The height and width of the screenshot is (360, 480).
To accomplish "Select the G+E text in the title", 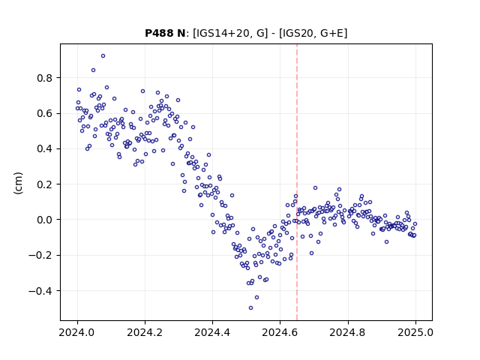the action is (x=331, y=33).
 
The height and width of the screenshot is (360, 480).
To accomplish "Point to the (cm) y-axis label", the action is (x=18, y=183).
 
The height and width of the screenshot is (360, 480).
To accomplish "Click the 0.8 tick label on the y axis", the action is (x=45, y=78).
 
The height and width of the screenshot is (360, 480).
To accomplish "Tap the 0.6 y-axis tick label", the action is (x=45, y=113).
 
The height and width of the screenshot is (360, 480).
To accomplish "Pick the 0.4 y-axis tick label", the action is (x=45, y=148).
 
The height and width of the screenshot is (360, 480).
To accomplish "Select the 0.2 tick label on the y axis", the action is (x=45, y=184).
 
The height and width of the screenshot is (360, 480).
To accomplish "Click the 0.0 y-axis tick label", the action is (x=45, y=220).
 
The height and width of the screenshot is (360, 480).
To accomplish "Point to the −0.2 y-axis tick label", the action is (x=40, y=255).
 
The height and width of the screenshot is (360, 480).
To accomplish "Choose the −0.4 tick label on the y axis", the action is (x=40, y=291).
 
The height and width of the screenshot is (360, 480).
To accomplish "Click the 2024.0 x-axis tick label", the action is (x=77, y=332).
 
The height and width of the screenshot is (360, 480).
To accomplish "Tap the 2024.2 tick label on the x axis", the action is (x=145, y=332).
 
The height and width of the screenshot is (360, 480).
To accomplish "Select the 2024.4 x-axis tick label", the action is (x=212, y=332).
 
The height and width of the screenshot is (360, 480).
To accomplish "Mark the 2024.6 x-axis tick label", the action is (x=280, y=332).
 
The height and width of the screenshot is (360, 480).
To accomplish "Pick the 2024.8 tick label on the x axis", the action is (x=348, y=332).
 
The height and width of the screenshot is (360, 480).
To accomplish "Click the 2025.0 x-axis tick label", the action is (x=415, y=332).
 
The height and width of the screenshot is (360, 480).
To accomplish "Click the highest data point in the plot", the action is (x=103, y=56).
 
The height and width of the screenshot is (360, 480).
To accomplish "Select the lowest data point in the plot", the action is (x=250, y=308).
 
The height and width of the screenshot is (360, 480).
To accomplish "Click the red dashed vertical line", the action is (x=297, y=182).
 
